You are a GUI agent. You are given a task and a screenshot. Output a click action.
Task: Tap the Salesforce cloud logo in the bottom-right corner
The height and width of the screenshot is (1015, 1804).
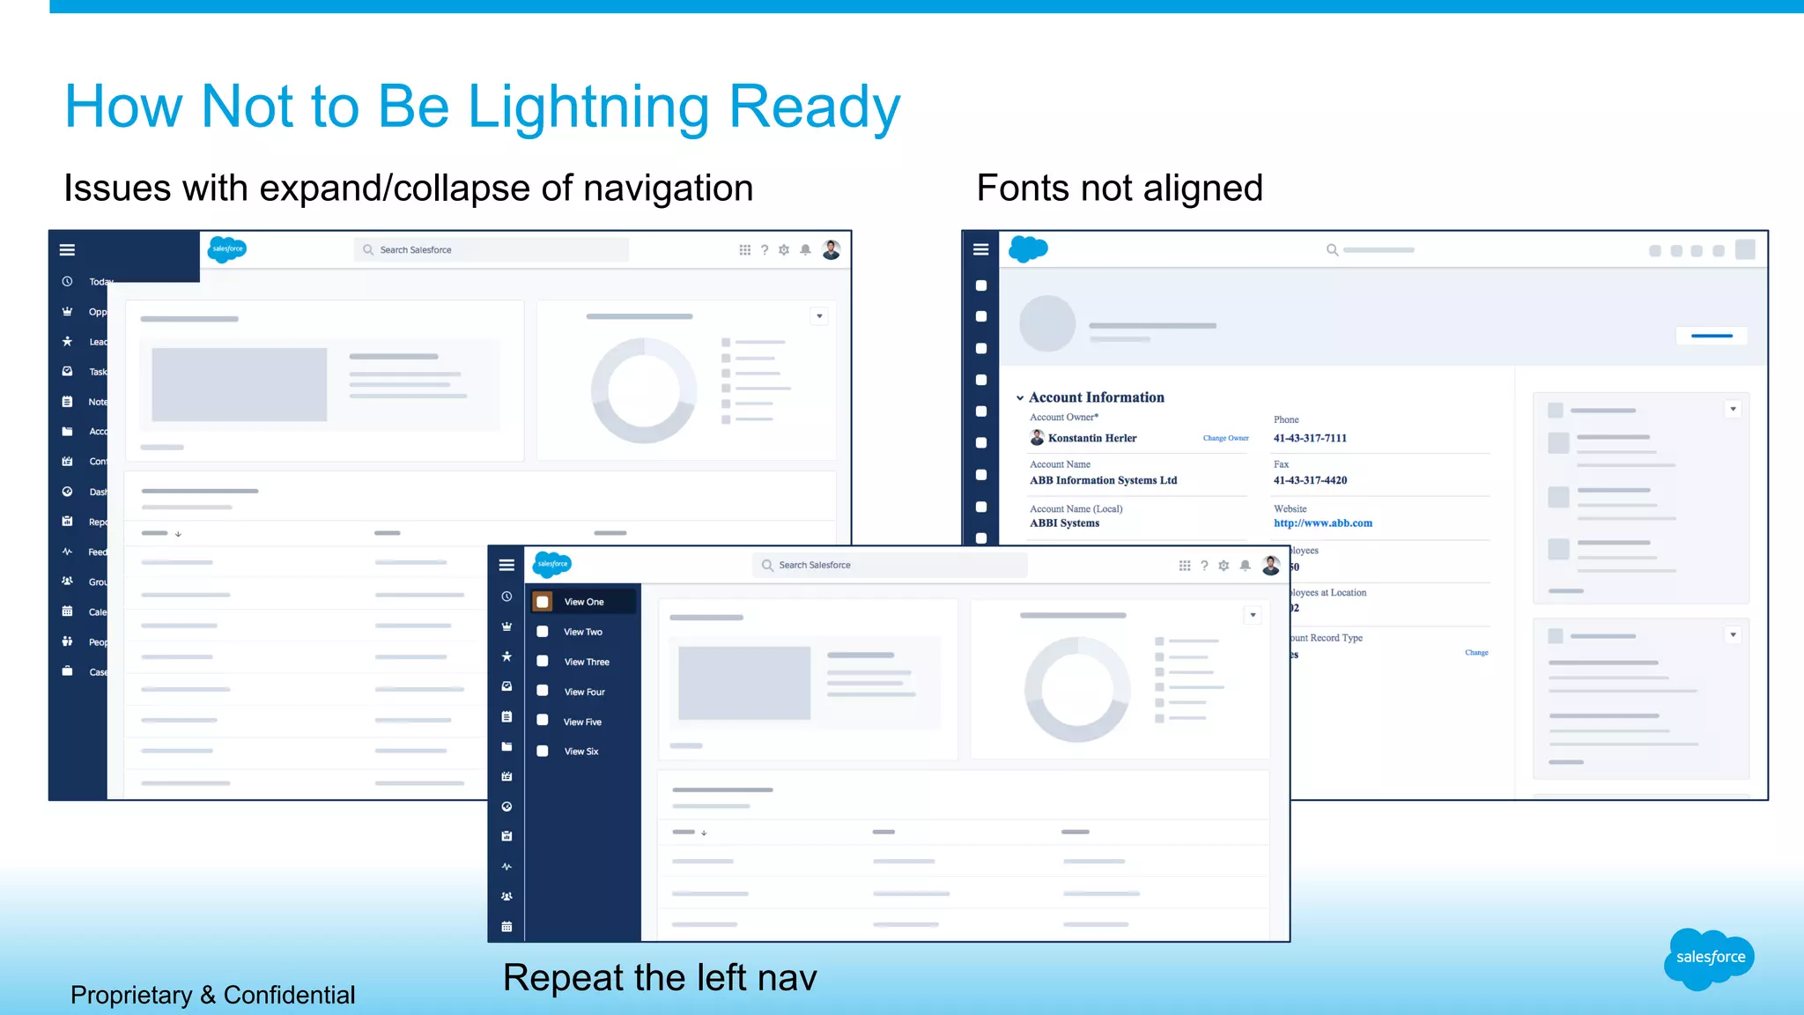[1709, 958]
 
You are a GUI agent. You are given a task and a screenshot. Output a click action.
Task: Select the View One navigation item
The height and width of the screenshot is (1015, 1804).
[583, 602]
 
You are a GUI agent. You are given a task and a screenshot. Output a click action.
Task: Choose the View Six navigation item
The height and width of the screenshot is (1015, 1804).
[580, 752]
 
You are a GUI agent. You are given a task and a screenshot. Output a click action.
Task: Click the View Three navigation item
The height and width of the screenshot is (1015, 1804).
[586, 662]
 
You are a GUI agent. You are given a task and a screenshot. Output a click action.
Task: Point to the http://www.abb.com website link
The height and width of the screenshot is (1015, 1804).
[1322, 523]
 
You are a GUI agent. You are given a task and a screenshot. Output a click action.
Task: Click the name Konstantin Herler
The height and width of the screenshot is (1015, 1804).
[1091, 438]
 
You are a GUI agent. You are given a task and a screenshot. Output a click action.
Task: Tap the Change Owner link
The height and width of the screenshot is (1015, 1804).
[1225, 438]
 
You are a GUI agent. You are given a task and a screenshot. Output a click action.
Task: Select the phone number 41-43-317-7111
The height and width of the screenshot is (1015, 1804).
[1310, 438]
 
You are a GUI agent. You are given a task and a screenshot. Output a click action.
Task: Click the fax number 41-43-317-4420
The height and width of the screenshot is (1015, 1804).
[1310, 480]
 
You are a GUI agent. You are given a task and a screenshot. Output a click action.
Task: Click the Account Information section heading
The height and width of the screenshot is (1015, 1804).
[1096, 397]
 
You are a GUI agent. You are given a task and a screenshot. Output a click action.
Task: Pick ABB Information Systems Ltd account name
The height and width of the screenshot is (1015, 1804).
[1103, 480]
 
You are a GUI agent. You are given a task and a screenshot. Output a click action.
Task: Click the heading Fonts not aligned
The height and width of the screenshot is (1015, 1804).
[1120, 189]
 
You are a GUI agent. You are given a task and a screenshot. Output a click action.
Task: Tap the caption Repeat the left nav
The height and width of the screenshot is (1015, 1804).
[660, 978]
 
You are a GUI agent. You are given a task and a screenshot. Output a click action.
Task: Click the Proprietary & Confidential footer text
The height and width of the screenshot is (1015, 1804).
[212, 995]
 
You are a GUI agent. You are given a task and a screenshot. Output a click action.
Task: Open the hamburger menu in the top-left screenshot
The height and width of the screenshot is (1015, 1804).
[67, 250]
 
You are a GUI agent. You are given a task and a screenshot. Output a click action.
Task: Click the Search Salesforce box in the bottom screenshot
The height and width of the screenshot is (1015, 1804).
[890, 565]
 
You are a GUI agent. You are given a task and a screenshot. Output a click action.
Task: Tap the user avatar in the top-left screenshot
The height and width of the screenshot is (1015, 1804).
[831, 250]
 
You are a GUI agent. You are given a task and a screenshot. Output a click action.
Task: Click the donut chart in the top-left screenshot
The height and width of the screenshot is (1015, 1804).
[643, 390]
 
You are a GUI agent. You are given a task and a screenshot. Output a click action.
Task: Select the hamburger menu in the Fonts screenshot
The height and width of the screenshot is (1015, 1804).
[980, 249]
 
